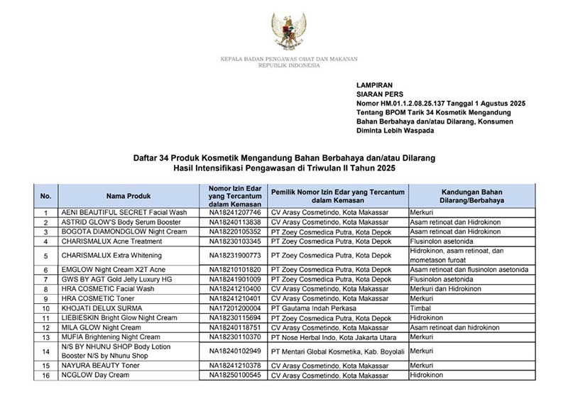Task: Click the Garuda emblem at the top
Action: pyautogui.click(x=289, y=31)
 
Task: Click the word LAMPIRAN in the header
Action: pyautogui.click(x=375, y=83)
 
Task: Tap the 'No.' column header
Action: pyautogui.click(x=45, y=195)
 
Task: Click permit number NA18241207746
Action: pyautogui.click(x=235, y=212)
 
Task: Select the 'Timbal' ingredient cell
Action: pyautogui.click(x=420, y=308)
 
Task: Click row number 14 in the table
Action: pyautogui.click(x=45, y=351)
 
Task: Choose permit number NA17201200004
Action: pyautogui.click(x=235, y=308)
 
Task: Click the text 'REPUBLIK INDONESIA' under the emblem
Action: pyautogui.click(x=289, y=65)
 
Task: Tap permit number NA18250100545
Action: pyautogui.click(x=235, y=375)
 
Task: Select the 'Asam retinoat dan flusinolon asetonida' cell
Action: pyautogui.click(x=469, y=270)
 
